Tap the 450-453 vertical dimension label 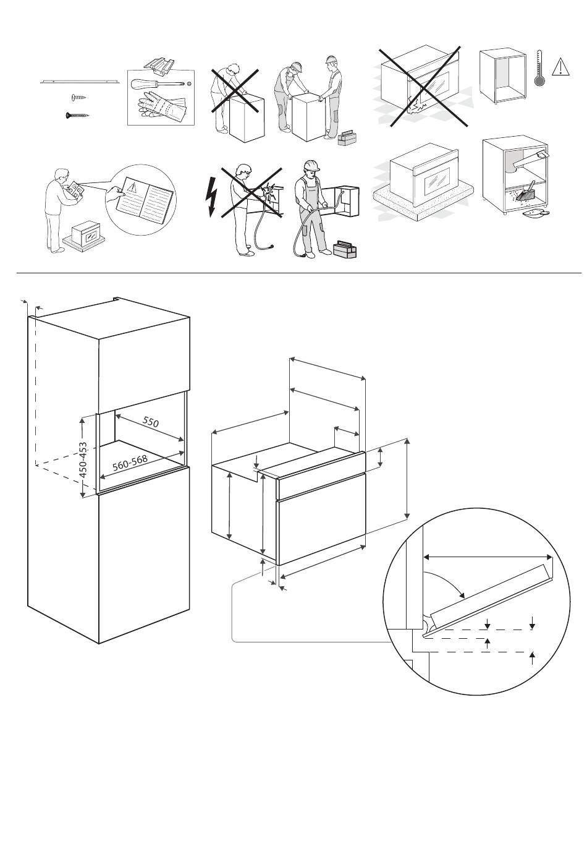83,459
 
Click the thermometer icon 539,68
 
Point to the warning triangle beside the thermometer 560,66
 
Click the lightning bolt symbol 211,197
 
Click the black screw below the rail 77,115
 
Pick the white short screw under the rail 78,98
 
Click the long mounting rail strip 80,81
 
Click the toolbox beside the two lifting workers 348,137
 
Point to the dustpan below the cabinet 536,213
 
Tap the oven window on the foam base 436,182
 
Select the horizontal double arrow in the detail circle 488,557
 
